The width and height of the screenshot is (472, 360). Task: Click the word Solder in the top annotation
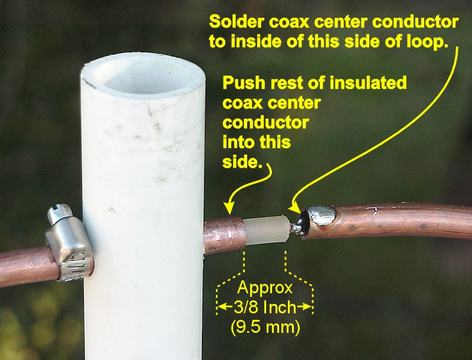pos(237,22)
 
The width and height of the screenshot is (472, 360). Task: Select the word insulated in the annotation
pos(368,83)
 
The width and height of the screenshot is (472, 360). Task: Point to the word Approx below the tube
pos(265,288)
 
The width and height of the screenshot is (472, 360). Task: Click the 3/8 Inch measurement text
pos(265,307)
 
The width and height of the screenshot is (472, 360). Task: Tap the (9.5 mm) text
pos(265,327)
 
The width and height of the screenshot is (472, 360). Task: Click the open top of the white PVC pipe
pos(143,74)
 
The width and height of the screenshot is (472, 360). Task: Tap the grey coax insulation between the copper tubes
pos(267,230)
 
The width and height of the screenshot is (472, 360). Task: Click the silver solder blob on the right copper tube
pos(322,215)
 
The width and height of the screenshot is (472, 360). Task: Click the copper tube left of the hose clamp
pos(28,265)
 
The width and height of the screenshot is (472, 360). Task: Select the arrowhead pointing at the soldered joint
pos(294,208)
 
